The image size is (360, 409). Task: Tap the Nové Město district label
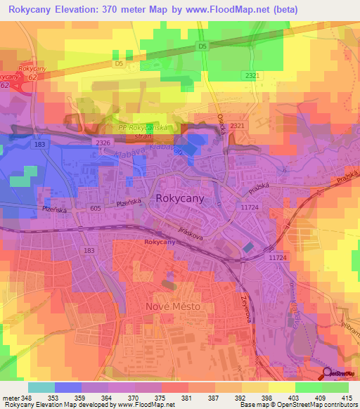pos(172,307)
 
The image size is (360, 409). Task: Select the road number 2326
pos(103,143)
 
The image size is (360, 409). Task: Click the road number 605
pos(95,209)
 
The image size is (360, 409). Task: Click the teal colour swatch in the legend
pos(41,387)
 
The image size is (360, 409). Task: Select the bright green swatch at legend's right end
pos(335,387)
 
